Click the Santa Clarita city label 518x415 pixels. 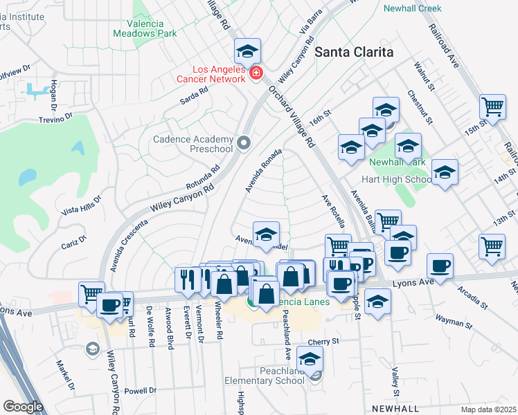(354, 52)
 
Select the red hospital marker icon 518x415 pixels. (256, 73)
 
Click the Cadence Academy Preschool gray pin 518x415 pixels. (243, 143)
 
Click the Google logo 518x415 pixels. (23, 407)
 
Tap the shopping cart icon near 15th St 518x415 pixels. (492, 107)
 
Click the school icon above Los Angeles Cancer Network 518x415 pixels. (247, 51)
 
